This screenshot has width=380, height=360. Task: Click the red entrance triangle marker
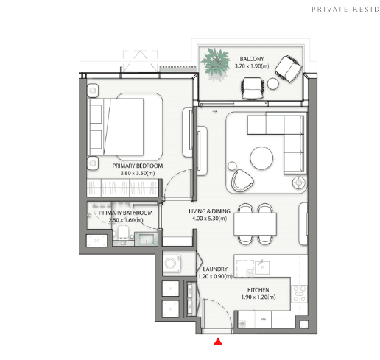218,342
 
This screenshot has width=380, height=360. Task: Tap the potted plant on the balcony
215,63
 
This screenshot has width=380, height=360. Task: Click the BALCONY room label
252,59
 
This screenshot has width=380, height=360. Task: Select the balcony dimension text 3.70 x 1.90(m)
252,66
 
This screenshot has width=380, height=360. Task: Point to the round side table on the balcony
273,84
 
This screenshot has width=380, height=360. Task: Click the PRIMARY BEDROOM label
138,166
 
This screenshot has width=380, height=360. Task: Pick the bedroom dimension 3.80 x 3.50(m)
138,173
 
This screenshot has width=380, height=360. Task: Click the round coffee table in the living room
261,158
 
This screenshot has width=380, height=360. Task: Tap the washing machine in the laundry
172,263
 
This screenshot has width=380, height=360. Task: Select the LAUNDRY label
215,269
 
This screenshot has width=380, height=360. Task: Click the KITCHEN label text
258,290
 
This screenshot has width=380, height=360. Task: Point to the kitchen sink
262,267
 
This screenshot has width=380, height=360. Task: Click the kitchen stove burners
299,294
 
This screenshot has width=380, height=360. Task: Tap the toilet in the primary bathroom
123,232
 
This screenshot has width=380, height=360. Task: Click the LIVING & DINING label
209,211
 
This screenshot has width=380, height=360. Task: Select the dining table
255,224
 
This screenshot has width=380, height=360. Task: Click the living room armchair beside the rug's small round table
242,180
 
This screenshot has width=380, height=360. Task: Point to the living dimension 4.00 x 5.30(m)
209,219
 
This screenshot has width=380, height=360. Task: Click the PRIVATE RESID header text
345,10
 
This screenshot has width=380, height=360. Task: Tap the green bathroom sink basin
146,239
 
